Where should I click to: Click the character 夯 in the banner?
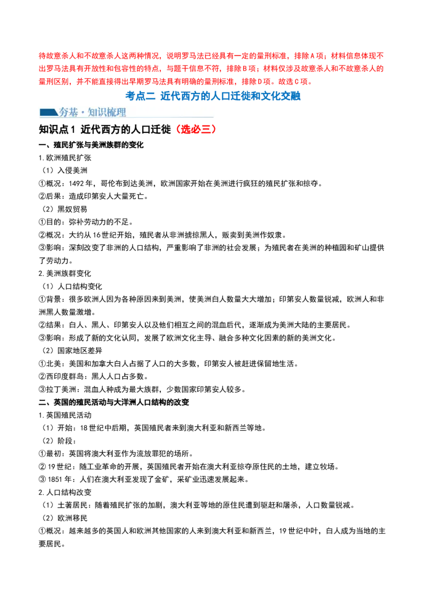(64, 112)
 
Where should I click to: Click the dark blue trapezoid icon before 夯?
(48, 112)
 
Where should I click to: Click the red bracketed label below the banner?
(196, 129)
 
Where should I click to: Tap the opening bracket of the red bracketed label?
(178, 129)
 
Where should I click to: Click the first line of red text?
(211, 55)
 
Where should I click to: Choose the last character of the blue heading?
(298, 96)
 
